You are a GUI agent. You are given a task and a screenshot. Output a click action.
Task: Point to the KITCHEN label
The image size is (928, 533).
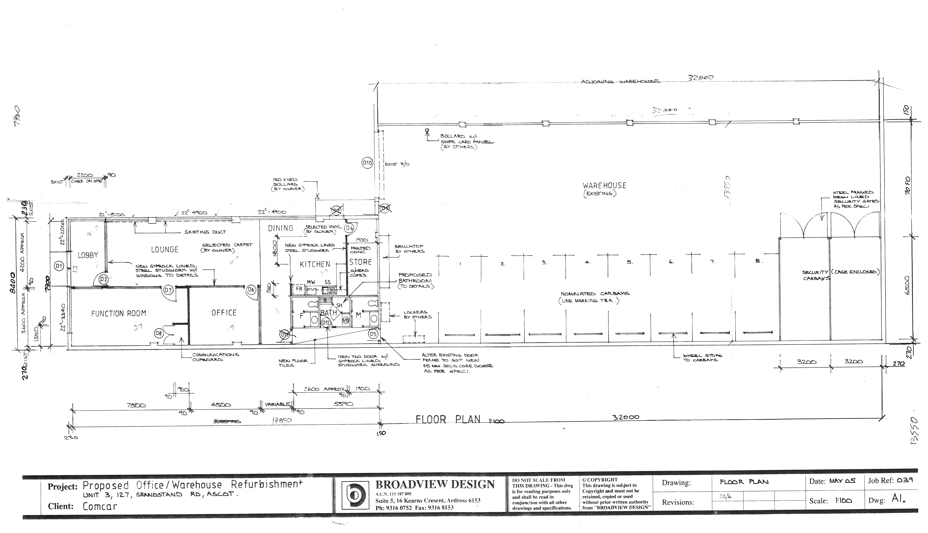[x=315, y=264]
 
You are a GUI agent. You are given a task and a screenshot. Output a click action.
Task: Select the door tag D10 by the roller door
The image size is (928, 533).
[x=367, y=163]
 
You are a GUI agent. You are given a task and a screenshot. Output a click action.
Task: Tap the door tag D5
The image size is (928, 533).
[x=373, y=334]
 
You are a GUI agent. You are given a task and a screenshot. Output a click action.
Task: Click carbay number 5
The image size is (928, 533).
[x=629, y=262]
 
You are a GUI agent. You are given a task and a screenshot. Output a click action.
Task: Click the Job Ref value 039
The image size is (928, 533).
[x=905, y=480]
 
